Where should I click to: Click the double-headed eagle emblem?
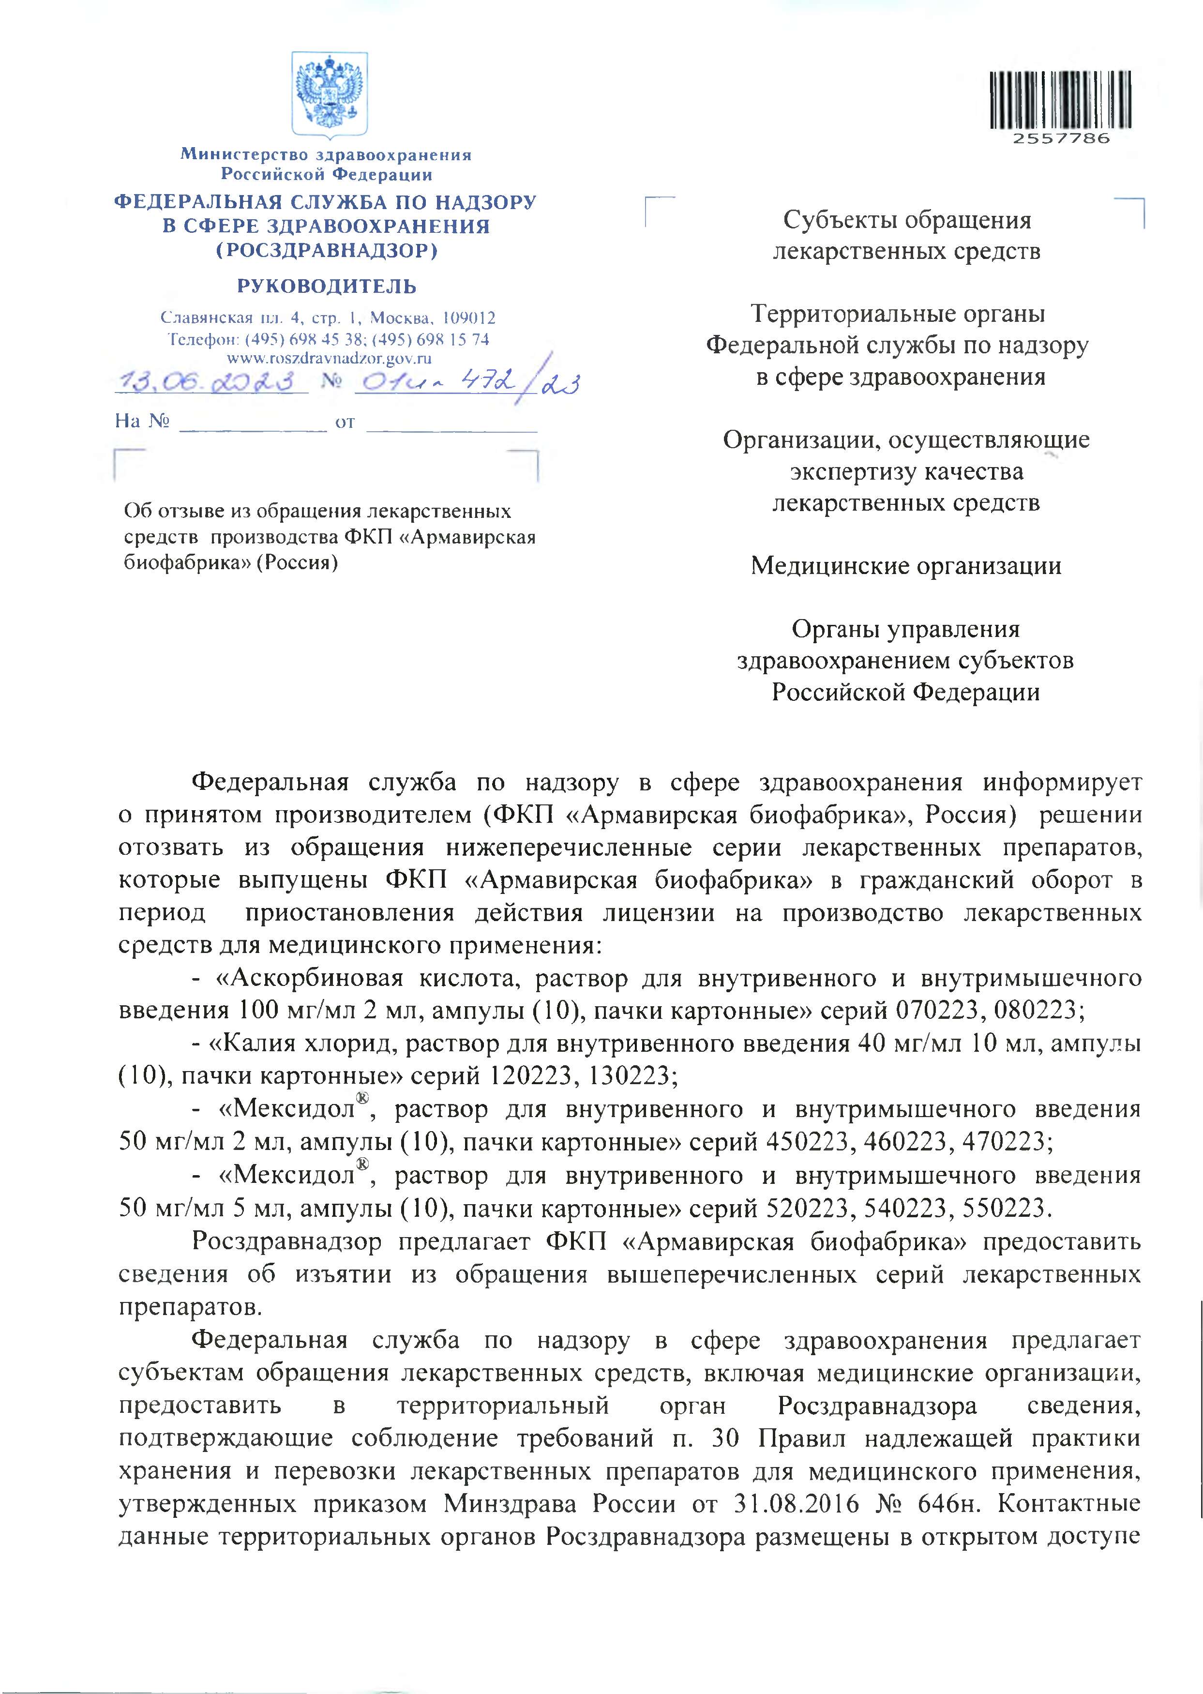[329, 93]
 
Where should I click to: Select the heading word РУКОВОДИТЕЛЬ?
[327, 287]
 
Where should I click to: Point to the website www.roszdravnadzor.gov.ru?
[328, 359]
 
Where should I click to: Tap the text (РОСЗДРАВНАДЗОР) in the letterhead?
[327, 251]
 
